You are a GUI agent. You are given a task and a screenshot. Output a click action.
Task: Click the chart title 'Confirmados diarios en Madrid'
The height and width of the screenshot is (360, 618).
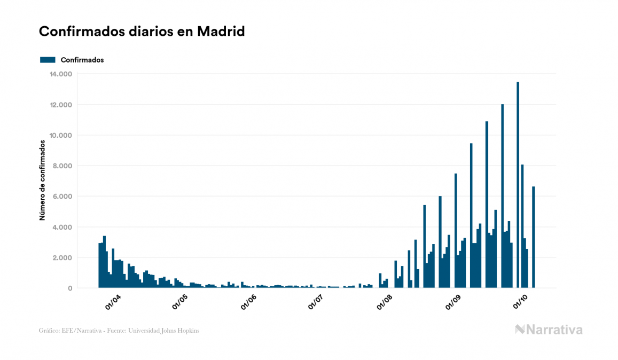pos(142,32)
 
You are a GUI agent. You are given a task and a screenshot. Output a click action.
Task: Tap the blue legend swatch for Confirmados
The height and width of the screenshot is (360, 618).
pos(48,60)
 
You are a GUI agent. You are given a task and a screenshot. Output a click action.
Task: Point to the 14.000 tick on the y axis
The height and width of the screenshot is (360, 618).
pos(60,74)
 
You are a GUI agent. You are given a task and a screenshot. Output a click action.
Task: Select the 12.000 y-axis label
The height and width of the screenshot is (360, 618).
pos(60,105)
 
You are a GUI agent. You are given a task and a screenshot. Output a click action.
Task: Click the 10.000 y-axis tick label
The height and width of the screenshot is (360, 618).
pos(60,135)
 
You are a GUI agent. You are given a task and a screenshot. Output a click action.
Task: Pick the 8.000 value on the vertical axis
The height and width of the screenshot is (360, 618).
pos(62,166)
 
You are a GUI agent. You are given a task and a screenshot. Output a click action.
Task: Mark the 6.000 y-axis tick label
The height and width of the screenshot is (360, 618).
pos(62,197)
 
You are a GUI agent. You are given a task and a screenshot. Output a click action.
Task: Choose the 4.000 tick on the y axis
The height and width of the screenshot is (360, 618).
pos(62,228)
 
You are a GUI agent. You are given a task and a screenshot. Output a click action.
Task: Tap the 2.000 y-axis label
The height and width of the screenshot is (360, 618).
pos(62,258)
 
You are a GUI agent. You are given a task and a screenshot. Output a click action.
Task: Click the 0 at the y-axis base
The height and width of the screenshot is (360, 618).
pos(70,288)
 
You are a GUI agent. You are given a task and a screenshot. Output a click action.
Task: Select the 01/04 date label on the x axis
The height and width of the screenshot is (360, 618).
pos(113,302)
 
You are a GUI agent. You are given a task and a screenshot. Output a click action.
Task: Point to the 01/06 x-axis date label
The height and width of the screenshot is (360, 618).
pos(249,302)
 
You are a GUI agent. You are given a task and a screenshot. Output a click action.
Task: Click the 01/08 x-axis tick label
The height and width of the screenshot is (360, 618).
pos(385,302)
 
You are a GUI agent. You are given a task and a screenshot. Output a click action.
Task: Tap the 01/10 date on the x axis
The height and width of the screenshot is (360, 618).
pos(520,302)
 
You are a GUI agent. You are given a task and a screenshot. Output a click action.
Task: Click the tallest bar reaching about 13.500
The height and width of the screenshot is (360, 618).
pos(518,185)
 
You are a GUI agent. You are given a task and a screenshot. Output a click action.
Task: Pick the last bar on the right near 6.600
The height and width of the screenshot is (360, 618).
pos(534,237)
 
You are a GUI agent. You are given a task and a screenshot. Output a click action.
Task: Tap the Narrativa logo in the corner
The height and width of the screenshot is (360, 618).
pos(549,330)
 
